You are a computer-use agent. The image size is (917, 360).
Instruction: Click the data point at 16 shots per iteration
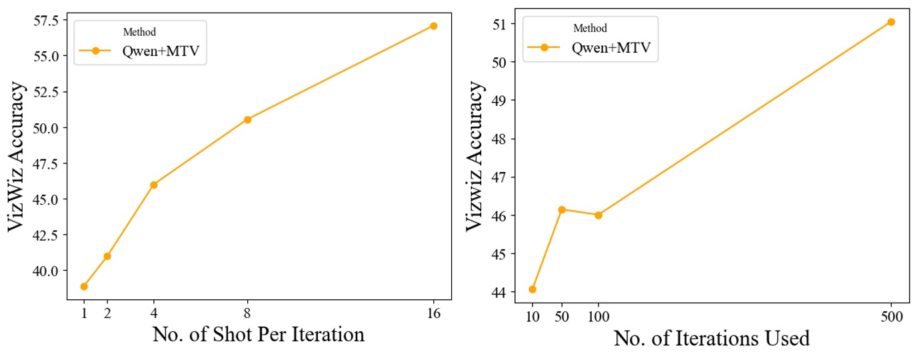pos(433,26)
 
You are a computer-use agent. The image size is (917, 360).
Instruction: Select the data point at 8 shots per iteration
pos(247,119)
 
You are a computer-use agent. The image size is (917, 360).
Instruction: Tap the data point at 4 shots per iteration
pos(154,185)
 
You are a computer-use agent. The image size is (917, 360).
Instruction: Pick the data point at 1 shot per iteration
pos(84,287)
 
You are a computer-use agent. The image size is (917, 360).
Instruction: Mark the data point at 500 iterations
pos(891,22)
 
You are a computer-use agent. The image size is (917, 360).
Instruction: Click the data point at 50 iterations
pos(562,209)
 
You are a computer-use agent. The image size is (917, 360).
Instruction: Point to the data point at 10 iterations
pos(532,289)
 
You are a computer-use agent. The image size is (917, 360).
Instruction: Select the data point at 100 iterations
pos(598,215)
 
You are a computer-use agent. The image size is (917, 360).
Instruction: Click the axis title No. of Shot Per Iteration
pos(259,335)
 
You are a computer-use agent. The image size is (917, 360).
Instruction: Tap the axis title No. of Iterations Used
pos(712,339)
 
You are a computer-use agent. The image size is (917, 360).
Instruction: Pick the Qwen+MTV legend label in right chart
pos(610,47)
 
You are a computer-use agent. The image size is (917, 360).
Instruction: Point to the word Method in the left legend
pos(139,33)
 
